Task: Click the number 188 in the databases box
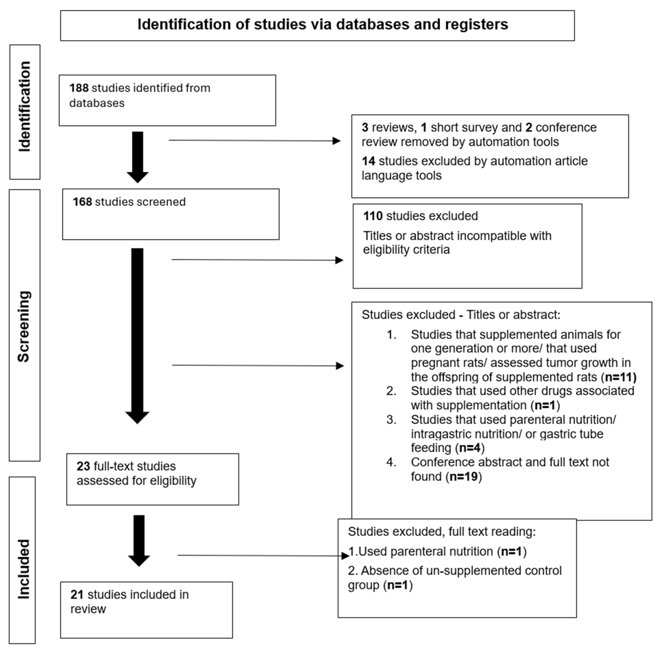(x=79, y=88)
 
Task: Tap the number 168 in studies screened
(x=82, y=202)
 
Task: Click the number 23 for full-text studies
(x=83, y=466)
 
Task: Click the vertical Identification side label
(x=25, y=107)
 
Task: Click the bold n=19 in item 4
(x=463, y=476)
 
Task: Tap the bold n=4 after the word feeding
(x=470, y=447)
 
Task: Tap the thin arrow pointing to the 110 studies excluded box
(x=257, y=260)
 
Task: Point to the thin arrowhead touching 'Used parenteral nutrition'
(x=345, y=556)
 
